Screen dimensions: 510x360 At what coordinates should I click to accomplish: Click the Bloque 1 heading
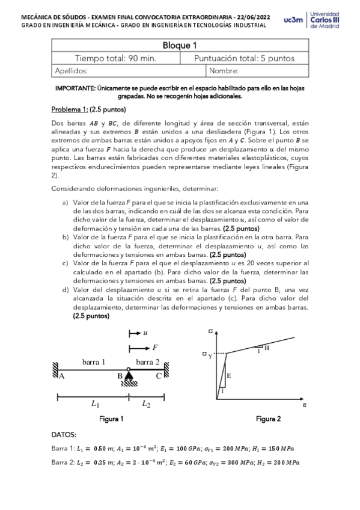click(180, 46)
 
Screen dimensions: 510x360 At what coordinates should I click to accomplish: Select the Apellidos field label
click(72, 71)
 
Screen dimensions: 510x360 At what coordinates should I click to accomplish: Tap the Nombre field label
click(224, 71)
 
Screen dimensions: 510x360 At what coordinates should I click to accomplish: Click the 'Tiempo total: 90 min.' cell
click(115, 58)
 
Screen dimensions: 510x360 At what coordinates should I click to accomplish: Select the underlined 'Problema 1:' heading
click(70, 110)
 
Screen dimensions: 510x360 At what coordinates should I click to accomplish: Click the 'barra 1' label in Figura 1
click(94, 361)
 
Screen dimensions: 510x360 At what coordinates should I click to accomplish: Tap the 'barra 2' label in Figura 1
click(148, 361)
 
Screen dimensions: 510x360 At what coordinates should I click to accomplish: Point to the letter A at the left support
click(61, 376)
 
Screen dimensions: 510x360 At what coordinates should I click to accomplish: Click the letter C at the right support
click(158, 376)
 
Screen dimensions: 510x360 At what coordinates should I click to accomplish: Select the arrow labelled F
click(141, 347)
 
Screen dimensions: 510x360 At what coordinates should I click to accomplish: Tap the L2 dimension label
click(146, 405)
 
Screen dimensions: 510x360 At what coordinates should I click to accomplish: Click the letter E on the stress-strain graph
click(229, 375)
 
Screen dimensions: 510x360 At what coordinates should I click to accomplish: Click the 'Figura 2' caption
click(268, 419)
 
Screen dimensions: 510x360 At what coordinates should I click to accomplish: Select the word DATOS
click(64, 434)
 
